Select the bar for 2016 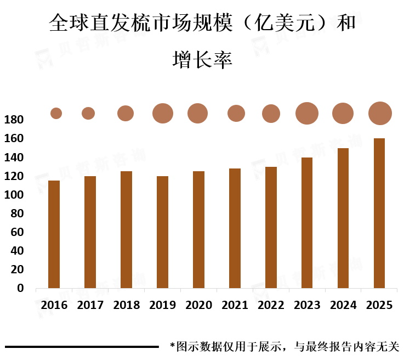(54, 234)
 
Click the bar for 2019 (162, 232)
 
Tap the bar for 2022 (271, 227)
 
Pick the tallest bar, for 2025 (379, 213)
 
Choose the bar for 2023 (307, 223)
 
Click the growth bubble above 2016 (56, 114)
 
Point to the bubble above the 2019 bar (162, 113)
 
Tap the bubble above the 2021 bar (236, 113)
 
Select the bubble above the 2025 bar (380, 114)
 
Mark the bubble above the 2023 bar (307, 114)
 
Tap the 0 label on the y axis (21, 288)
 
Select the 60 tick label (17, 232)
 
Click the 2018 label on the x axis (126, 305)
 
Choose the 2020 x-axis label (198, 305)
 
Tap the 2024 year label (343, 305)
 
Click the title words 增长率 (202, 59)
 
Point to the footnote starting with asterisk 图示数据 (284, 347)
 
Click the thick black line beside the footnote (82, 347)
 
